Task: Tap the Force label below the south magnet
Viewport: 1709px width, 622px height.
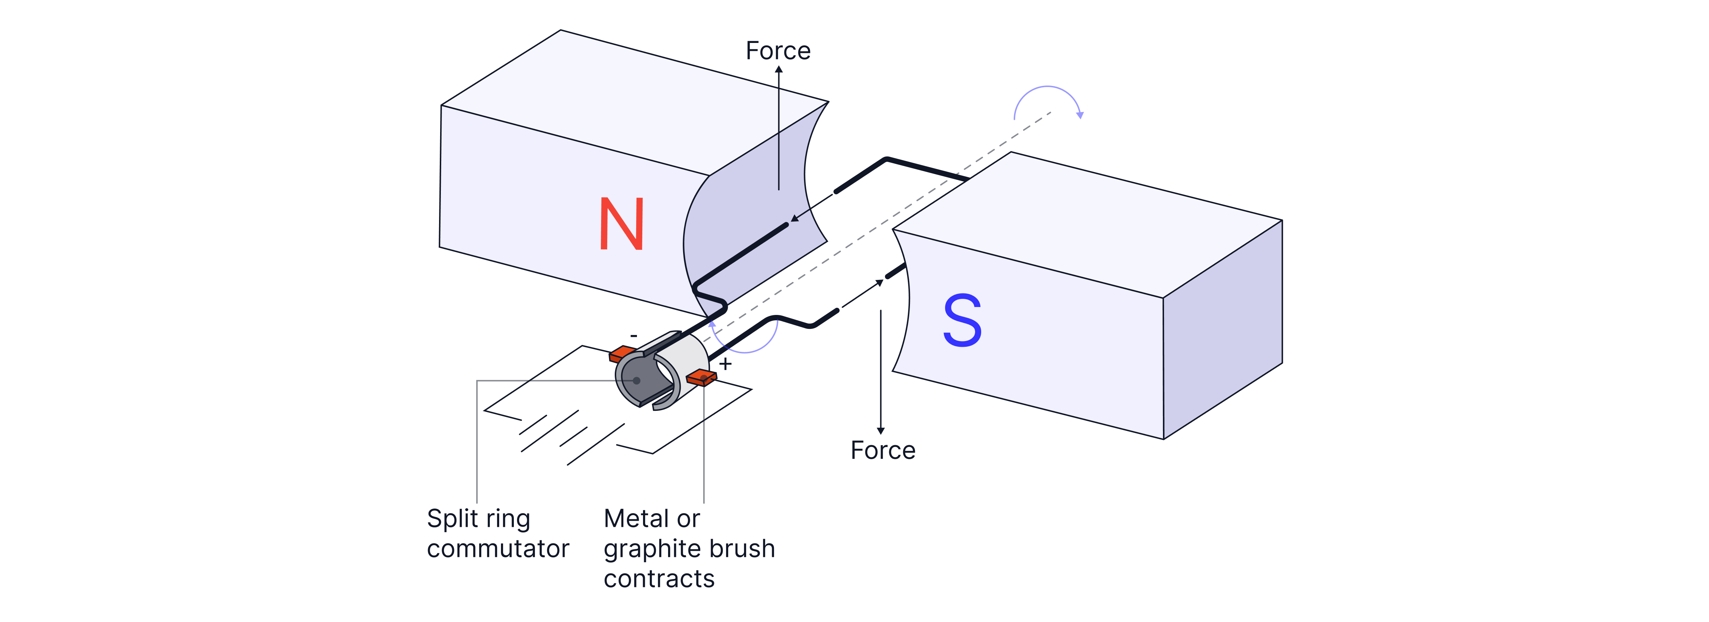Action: [883, 451]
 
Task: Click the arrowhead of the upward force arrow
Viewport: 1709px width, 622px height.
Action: [779, 69]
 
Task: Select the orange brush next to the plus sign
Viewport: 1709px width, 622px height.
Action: [701, 378]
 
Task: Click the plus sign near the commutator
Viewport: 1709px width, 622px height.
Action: [726, 364]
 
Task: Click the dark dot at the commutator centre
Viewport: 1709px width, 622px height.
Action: [636, 380]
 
